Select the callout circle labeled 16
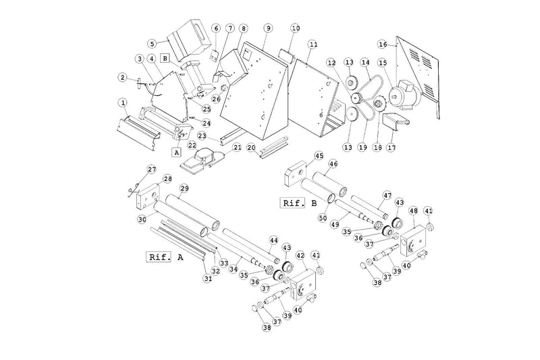pos(383,45)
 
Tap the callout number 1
pos(123,103)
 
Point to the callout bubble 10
pos(295,28)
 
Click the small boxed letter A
pos(177,153)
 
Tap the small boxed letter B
pos(164,59)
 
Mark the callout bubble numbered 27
pos(151,169)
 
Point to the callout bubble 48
pos(413,210)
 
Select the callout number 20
pos(250,147)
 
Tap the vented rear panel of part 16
pos(421,68)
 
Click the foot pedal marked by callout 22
pos(202,159)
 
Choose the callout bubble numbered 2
pos(122,77)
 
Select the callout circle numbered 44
pos(274,240)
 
